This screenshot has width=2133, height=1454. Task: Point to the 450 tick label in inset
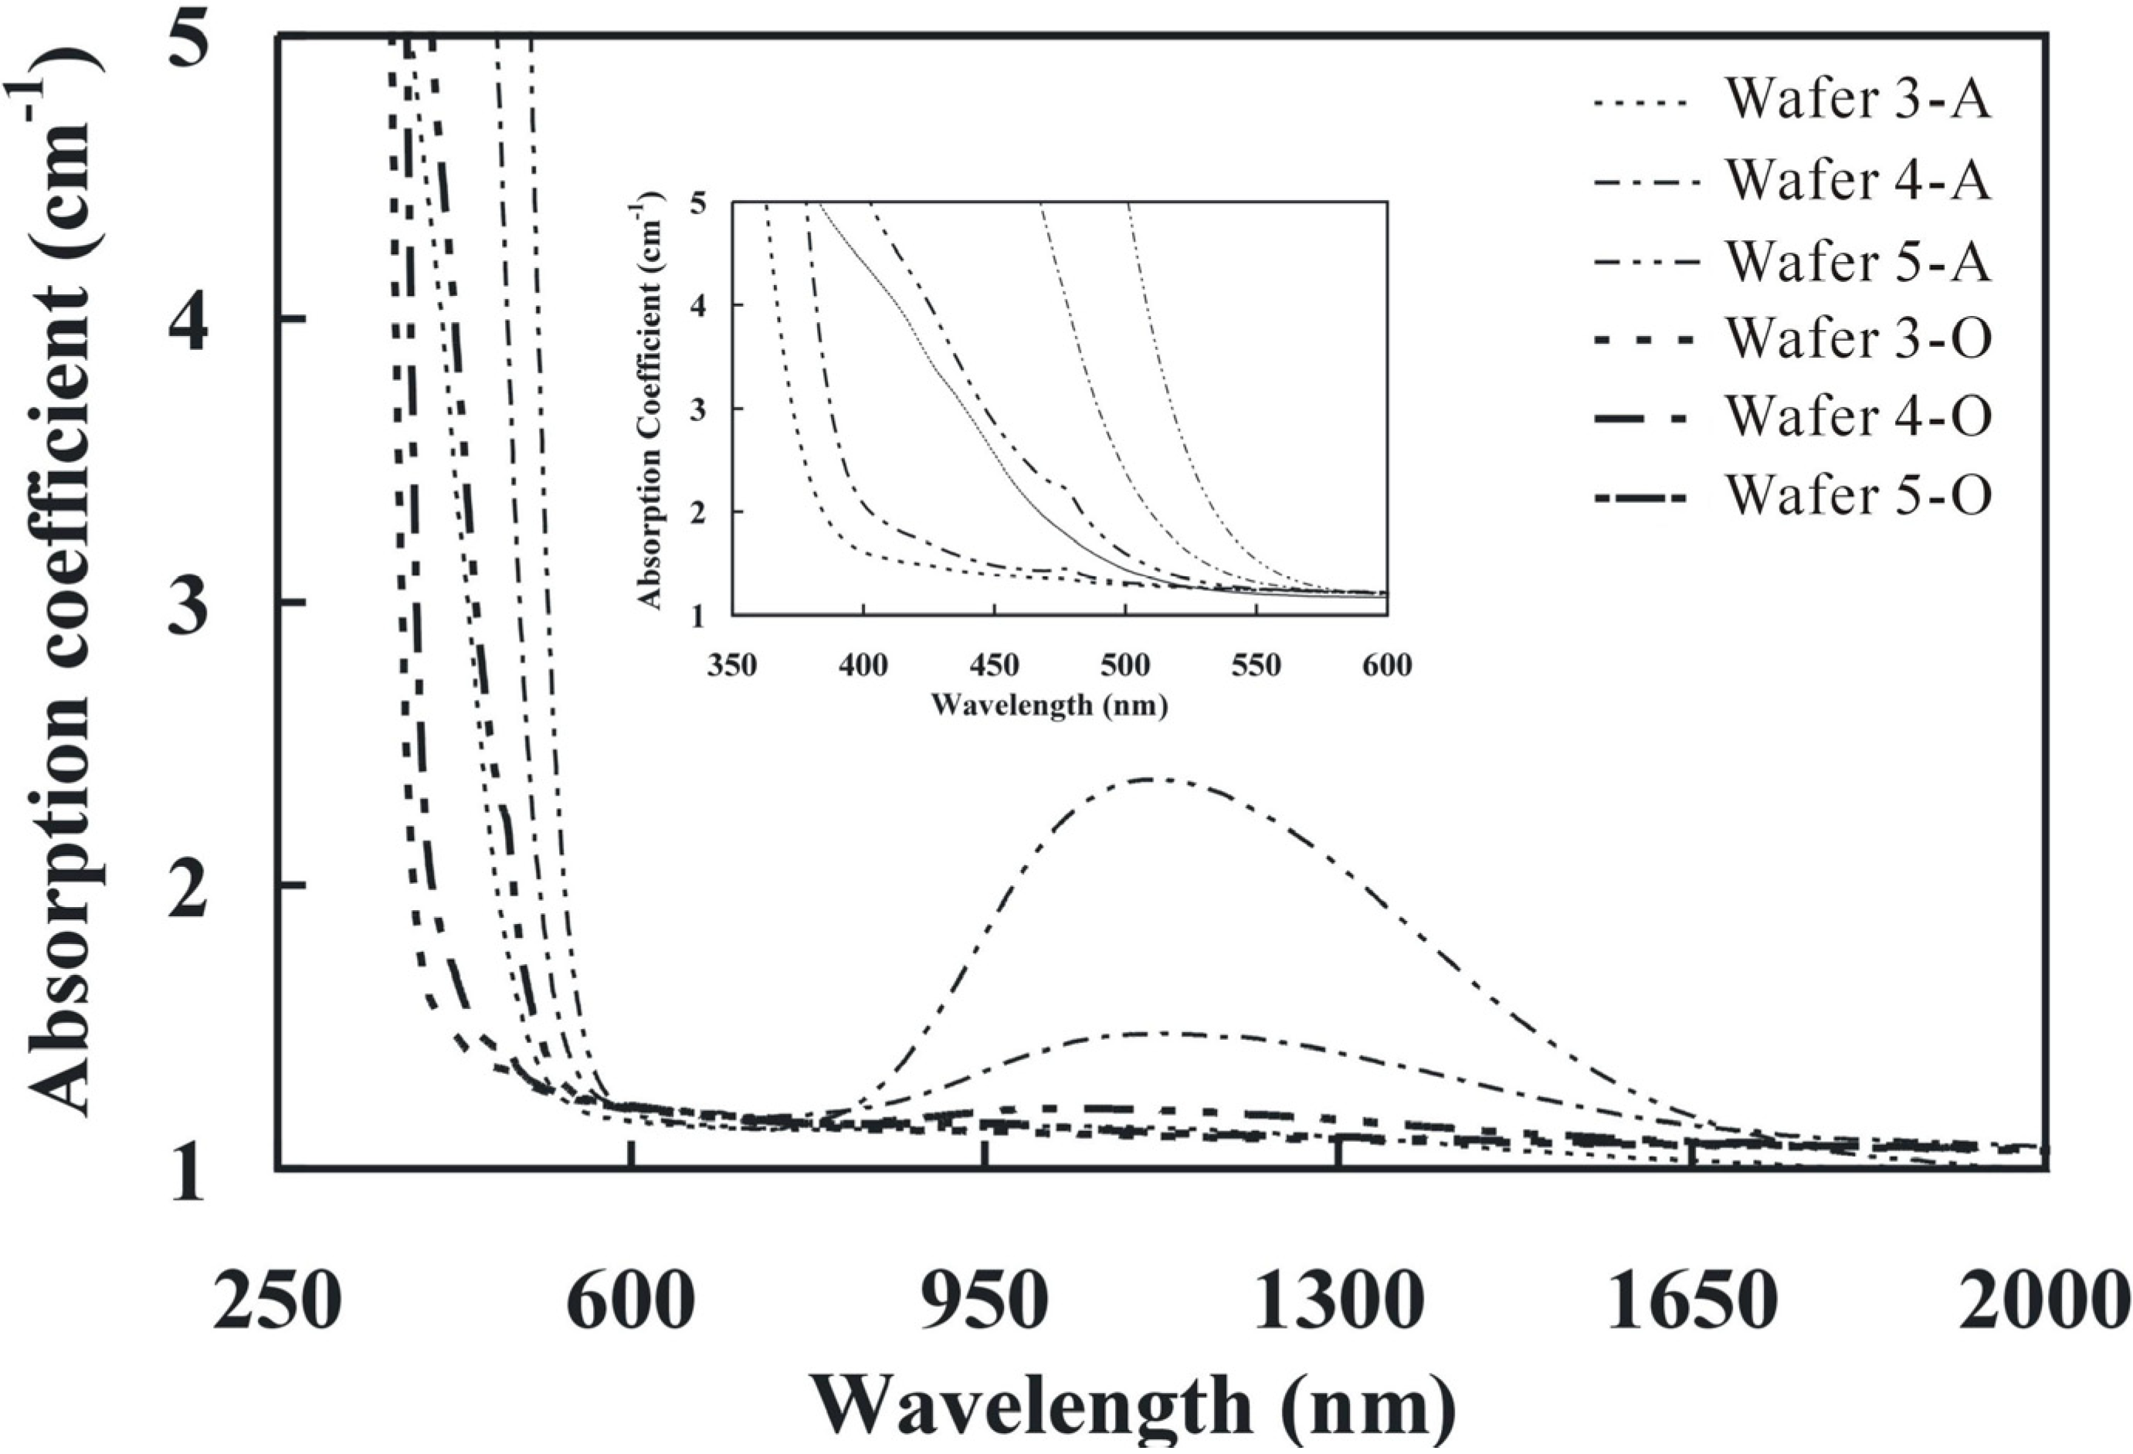(x=994, y=664)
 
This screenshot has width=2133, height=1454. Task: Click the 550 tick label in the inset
(x=1256, y=664)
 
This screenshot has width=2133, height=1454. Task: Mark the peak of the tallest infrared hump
(x=1152, y=780)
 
